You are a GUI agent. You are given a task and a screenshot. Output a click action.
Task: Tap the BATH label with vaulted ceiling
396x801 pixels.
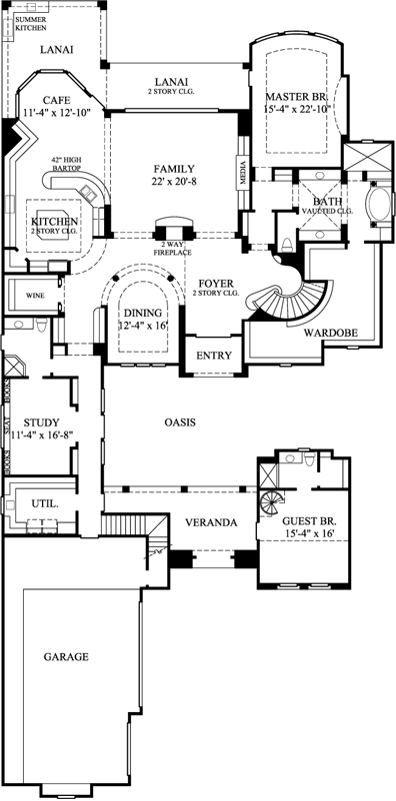coord(314,201)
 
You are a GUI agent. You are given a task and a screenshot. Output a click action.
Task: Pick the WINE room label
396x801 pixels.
coord(35,296)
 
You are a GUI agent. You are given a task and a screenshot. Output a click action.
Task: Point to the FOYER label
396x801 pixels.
coord(215,284)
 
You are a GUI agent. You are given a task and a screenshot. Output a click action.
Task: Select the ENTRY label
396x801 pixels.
coord(212,355)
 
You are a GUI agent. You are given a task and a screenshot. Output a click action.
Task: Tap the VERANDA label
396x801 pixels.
coord(209,522)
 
